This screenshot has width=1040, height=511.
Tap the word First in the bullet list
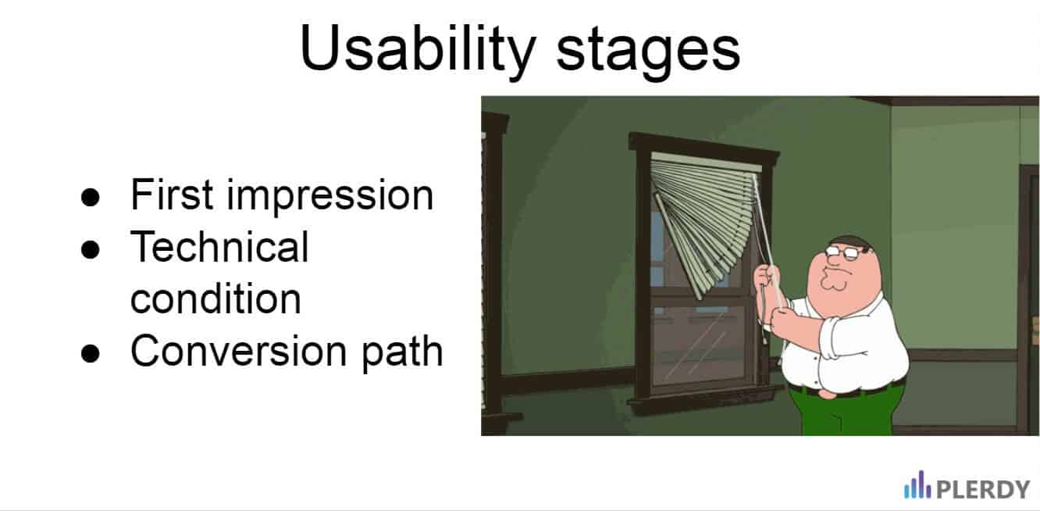point(172,195)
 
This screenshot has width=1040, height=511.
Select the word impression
point(329,197)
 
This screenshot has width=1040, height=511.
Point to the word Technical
point(219,246)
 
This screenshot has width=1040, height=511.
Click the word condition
point(216,298)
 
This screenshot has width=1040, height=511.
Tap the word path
point(402,353)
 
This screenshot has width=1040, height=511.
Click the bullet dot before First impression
point(90,197)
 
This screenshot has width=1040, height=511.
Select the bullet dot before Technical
point(90,249)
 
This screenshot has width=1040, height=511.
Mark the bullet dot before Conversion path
point(90,353)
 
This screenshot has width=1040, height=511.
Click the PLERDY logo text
point(983,489)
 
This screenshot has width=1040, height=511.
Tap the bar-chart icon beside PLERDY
point(917,484)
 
